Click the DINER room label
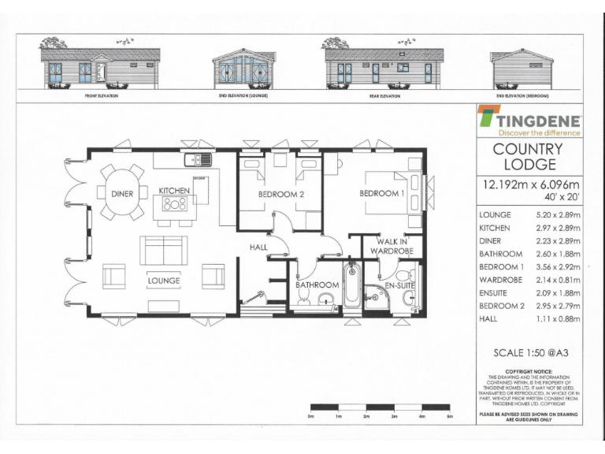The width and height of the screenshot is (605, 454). tap(121, 193)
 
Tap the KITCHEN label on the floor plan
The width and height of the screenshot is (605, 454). tap(174, 191)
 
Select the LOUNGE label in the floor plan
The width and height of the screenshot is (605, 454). tap(164, 280)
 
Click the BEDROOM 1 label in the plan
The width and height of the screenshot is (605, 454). tap(381, 193)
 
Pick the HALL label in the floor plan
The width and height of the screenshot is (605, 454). tap(258, 247)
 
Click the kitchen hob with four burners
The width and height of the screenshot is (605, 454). tap(174, 206)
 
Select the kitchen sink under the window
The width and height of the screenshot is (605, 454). tap(197, 160)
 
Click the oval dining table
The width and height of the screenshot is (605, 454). tap(121, 193)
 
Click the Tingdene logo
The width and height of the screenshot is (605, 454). tap(530, 123)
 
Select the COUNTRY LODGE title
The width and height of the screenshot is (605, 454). tap(529, 157)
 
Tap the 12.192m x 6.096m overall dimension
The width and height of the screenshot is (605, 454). tap(529, 186)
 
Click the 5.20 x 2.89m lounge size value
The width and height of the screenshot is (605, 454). tap(556, 214)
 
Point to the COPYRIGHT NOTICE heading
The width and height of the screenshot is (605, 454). tap(529, 370)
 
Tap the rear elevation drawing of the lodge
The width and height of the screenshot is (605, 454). tap(384, 68)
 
